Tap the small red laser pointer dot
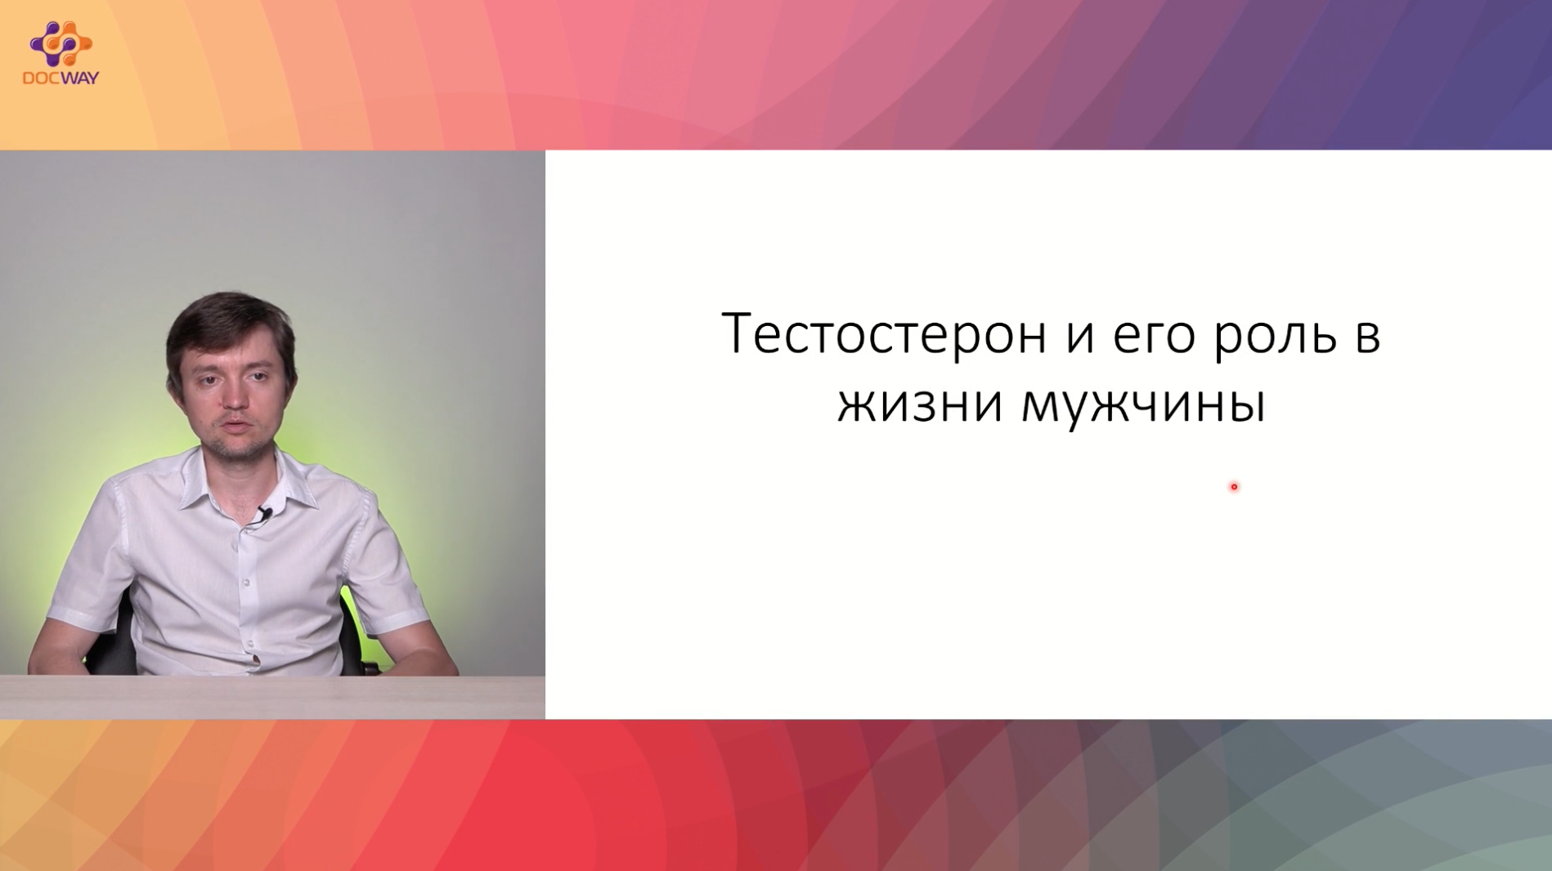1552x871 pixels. point(1234,487)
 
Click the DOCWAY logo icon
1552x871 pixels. point(61,43)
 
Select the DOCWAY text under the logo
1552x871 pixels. point(61,78)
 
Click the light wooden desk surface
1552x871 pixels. point(272,697)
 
